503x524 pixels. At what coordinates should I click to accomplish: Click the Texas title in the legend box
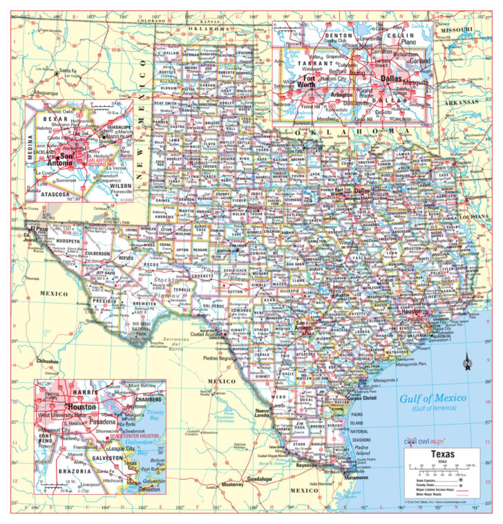442,454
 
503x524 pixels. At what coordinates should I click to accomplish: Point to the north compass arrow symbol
468,361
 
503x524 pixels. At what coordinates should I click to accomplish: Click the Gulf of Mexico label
433,398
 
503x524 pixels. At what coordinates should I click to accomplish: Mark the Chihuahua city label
46,361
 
